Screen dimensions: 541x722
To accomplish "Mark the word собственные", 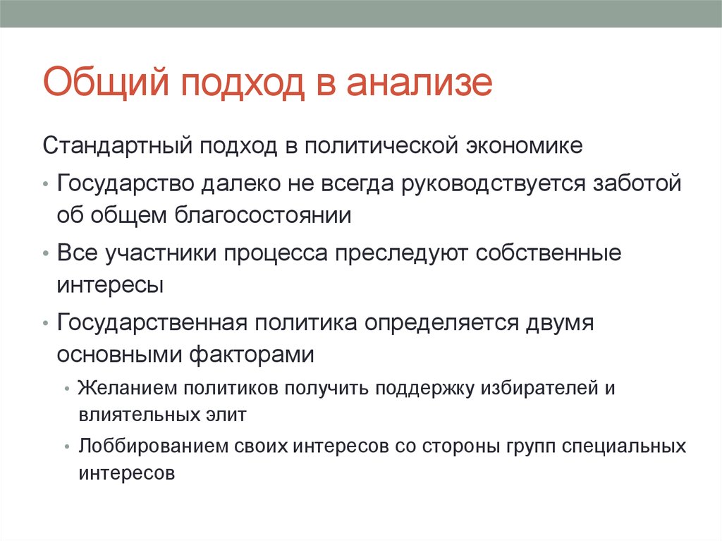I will pos(549,253).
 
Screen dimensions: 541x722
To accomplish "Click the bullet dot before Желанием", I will pos(66,389).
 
